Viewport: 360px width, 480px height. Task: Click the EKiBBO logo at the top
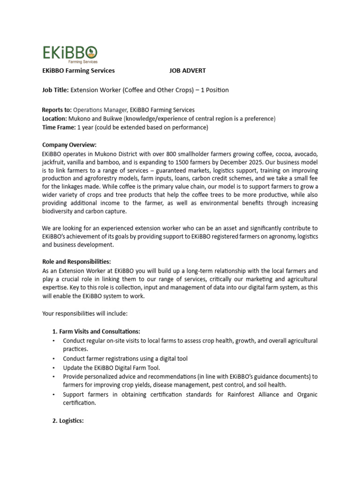click(70, 53)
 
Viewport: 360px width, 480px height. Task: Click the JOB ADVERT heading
click(187, 71)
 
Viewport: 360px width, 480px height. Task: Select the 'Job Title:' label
click(55, 90)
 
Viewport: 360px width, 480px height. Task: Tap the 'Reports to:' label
click(57, 110)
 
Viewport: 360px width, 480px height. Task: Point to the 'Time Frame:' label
click(59, 127)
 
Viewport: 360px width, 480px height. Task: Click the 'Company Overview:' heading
click(69, 145)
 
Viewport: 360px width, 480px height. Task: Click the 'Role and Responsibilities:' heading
click(76, 262)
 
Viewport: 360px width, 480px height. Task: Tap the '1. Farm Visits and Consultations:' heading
click(96, 331)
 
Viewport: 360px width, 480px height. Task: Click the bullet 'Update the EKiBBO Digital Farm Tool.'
click(112, 367)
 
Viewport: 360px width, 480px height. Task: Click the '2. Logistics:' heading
click(67, 421)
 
